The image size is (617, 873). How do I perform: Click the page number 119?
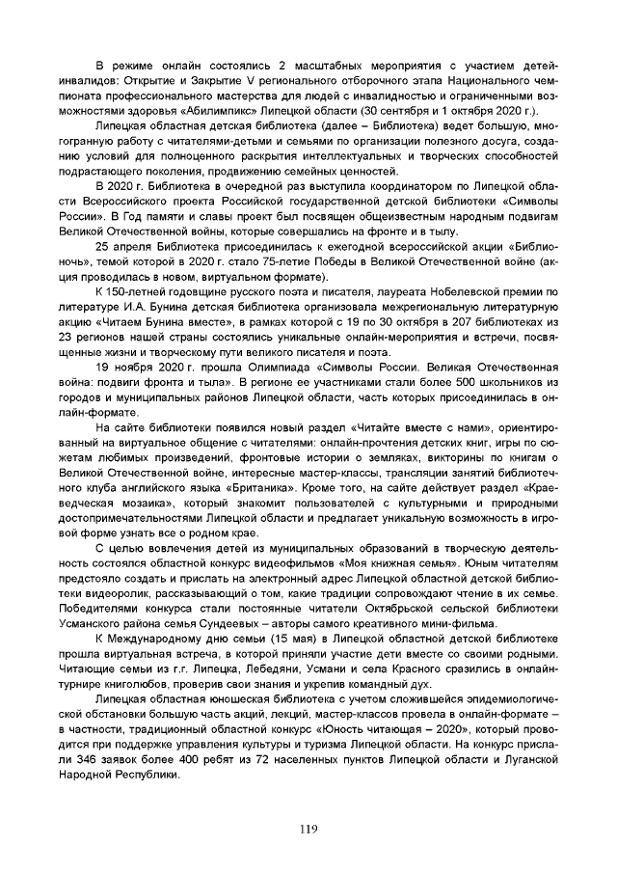pyautogui.click(x=308, y=830)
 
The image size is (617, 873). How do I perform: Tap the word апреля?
pyautogui.click(x=133, y=246)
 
